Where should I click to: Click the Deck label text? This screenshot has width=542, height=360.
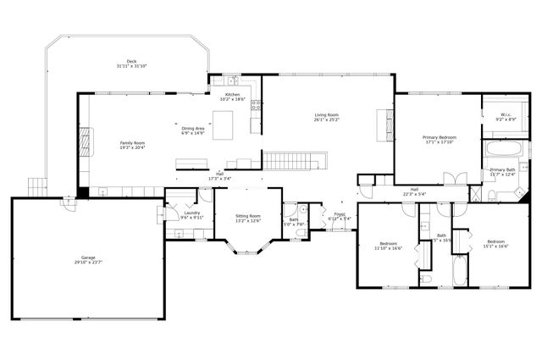[x=131, y=64]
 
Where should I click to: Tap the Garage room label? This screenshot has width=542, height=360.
[x=88, y=260]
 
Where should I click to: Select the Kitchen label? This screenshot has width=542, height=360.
[x=232, y=97]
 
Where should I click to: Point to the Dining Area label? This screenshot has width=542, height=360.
[x=193, y=130]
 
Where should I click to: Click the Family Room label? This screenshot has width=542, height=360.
[x=132, y=146]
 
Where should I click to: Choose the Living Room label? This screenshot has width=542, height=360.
[x=327, y=117]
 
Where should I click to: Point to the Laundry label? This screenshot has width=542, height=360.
[x=191, y=214]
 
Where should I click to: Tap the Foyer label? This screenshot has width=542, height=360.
[x=339, y=216]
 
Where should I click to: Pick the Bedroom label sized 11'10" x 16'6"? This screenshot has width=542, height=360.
[x=388, y=246]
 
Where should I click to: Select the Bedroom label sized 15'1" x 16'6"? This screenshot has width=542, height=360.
[x=495, y=244]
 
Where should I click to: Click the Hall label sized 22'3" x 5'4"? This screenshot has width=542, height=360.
[x=414, y=191]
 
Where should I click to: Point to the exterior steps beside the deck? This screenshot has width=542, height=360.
[x=36, y=184]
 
